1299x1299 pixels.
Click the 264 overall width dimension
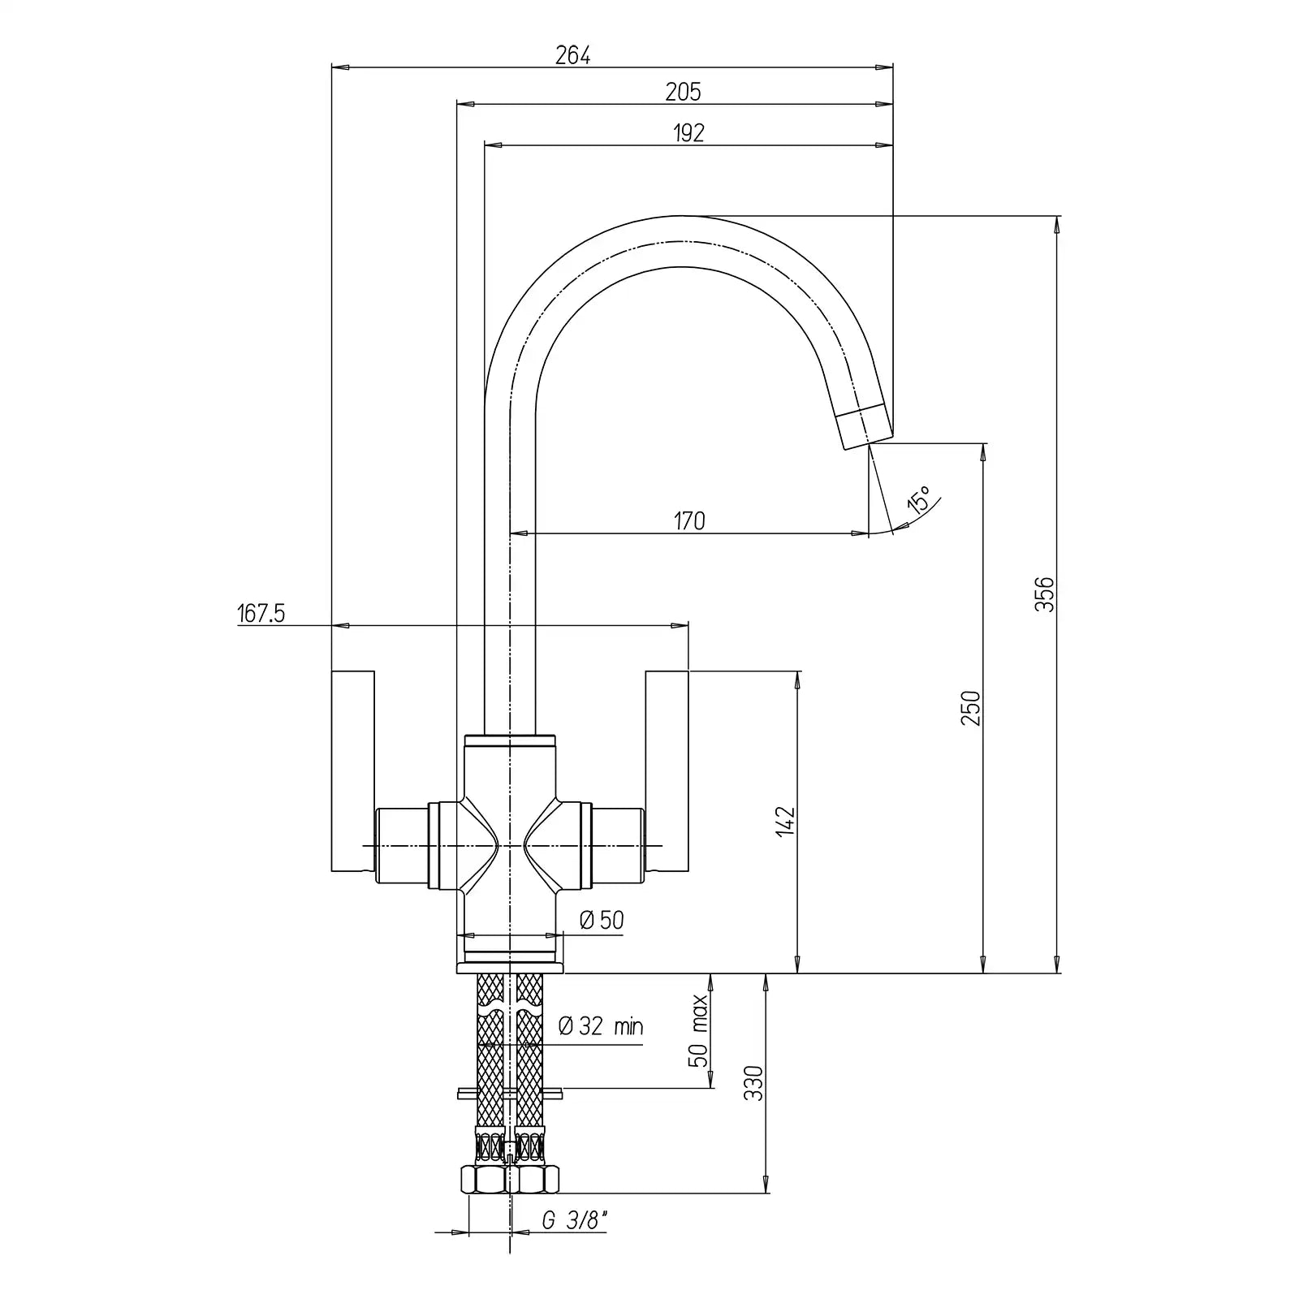point(572,55)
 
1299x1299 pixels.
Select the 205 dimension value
point(683,93)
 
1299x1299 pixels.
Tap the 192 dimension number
point(688,133)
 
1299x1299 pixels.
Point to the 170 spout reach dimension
point(689,520)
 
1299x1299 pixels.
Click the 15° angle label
point(920,500)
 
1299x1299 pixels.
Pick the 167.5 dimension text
point(261,614)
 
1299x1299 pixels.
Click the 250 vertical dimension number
point(971,708)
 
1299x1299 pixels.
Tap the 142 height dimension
point(786,822)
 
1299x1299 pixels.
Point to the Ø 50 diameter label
point(602,920)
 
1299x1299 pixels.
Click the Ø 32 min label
point(601,1026)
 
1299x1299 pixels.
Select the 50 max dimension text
point(700,1031)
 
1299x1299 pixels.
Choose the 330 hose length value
point(754,1083)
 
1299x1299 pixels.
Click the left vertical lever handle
point(353,771)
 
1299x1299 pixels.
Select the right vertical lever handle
point(667,771)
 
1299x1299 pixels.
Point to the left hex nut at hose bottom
point(482,1178)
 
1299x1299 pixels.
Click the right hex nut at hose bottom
point(536,1178)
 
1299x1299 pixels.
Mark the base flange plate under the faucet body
point(509,966)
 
